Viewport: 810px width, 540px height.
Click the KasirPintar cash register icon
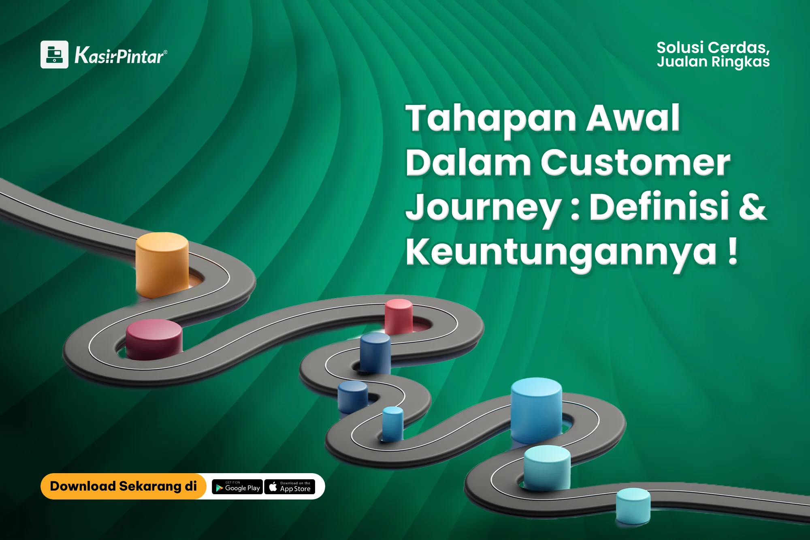pyautogui.click(x=54, y=54)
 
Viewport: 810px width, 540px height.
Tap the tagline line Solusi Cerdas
pyautogui.click(x=713, y=48)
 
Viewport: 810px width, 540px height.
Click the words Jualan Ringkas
pyautogui.click(x=713, y=62)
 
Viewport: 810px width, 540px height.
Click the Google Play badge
pyautogui.click(x=237, y=487)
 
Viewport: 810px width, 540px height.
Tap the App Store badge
pyautogui.click(x=290, y=487)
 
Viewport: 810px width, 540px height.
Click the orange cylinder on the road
pyautogui.click(x=162, y=265)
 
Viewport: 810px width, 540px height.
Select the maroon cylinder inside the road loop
pyautogui.click(x=154, y=339)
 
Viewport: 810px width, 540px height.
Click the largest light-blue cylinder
pyautogui.click(x=536, y=410)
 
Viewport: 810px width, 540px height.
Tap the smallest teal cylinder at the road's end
pyautogui.click(x=633, y=506)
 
